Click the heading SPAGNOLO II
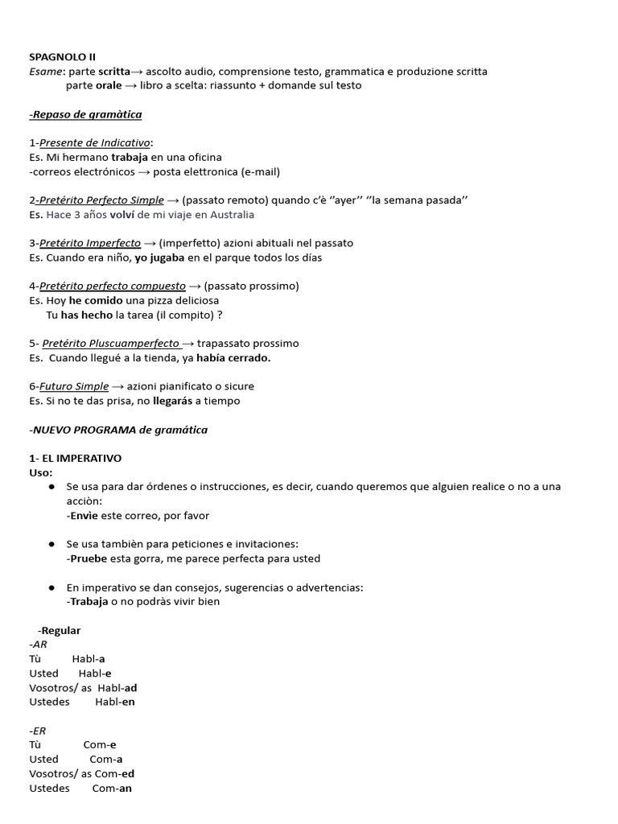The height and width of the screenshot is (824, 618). (x=62, y=57)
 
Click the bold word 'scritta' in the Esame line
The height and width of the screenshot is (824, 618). (x=114, y=72)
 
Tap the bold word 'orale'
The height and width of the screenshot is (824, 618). (x=109, y=85)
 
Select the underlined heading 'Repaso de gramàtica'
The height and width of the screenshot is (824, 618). (x=86, y=114)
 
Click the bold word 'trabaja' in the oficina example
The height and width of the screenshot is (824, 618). (x=129, y=157)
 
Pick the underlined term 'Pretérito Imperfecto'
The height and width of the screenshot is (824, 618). (x=90, y=243)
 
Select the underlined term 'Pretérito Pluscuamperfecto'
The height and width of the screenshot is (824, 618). (x=110, y=344)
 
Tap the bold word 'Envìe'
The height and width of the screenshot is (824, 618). (x=84, y=515)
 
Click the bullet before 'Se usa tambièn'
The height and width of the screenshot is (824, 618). (x=51, y=544)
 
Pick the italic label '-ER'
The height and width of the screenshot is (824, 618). (x=37, y=731)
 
